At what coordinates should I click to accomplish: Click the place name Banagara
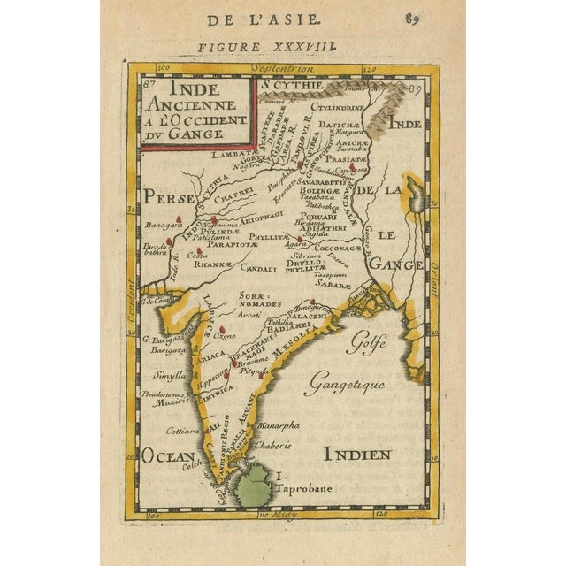156,224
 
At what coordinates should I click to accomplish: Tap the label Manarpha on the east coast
276,425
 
